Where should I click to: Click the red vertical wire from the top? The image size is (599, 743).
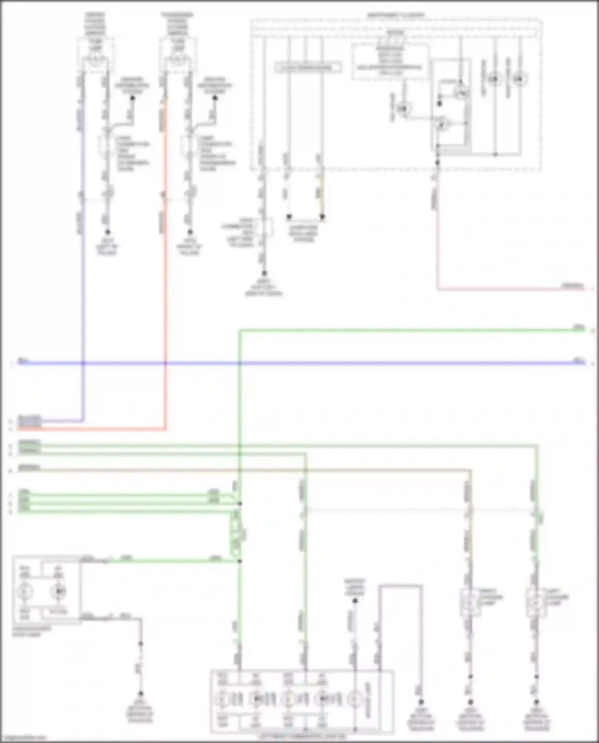165,279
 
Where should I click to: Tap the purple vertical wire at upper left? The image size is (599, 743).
83,279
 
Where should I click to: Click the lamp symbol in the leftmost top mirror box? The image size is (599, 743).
95,60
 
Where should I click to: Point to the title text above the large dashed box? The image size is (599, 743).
395,15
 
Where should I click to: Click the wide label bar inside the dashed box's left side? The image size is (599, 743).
308,67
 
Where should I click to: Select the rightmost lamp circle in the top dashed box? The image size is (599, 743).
520,79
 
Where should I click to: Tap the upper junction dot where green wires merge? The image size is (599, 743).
240,503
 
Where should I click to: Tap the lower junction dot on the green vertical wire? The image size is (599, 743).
240,561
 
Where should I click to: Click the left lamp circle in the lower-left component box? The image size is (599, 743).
25,591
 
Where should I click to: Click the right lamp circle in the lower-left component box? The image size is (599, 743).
59,591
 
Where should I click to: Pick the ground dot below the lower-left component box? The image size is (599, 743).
141,694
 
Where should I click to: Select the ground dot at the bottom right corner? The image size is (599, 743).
536,701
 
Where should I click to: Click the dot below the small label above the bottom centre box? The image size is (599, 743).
355,600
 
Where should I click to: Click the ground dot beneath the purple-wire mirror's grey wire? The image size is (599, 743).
107,232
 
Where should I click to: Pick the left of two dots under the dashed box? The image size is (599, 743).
289,217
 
